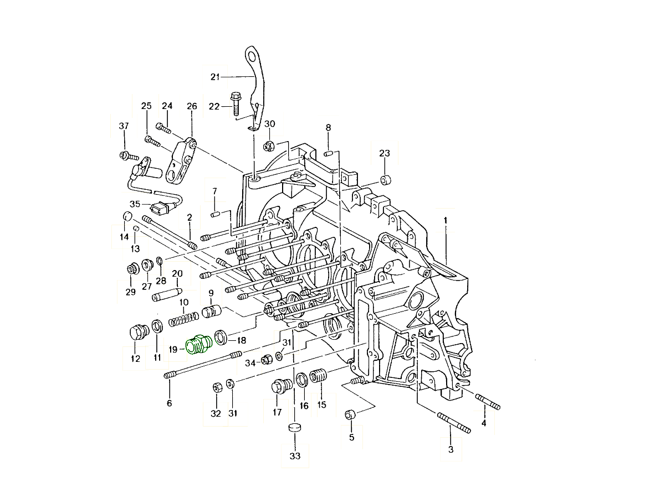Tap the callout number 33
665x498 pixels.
(x=295, y=456)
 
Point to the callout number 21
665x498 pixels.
(x=215, y=77)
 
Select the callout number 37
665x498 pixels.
(x=123, y=127)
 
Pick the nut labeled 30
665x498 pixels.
(x=268, y=146)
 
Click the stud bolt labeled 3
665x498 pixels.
(x=454, y=423)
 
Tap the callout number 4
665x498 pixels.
(x=483, y=424)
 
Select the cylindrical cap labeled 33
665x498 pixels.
(x=295, y=428)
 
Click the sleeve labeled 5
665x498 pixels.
(x=350, y=415)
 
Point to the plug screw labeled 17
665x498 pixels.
(x=279, y=386)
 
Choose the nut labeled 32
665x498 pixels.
(x=217, y=387)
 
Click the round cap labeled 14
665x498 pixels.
(x=126, y=216)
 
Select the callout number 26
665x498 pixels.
(x=192, y=106)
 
